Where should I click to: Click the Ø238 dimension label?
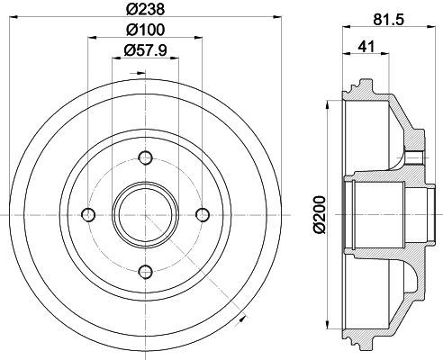click(145, 9)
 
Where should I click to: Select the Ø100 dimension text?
click(145, 30)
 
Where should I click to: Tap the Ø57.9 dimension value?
click(145, 49)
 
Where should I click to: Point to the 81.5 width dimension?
click(389, 20)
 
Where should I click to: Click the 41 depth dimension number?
click(366, 47)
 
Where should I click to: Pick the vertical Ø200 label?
click(319, 214)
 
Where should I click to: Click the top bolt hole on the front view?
click(146, 157)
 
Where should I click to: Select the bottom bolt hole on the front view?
click(146, 272)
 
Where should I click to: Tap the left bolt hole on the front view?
click(88, 215)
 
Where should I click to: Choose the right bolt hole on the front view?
click(203, 215)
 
